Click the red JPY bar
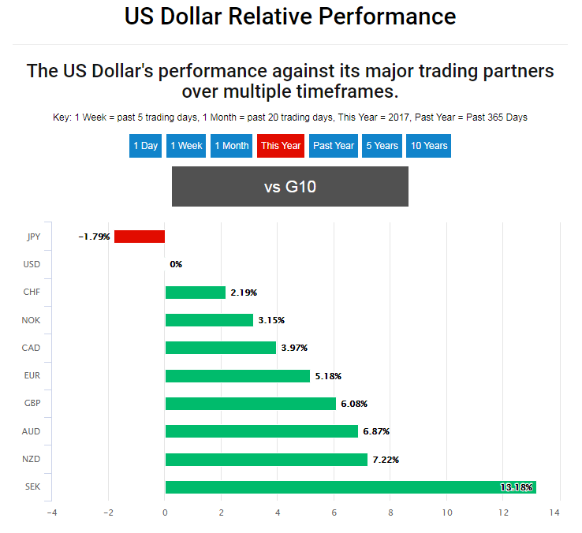140,237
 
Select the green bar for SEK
350,487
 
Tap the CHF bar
195,293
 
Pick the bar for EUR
237,376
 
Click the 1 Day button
145,146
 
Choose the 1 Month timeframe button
231,146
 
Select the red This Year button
280,146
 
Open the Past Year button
334,146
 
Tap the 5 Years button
382,146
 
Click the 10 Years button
429,146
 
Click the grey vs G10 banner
290,187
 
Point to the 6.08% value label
353,404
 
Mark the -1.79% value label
94,237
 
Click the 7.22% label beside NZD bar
386,460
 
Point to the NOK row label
32,320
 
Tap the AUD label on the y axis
32,431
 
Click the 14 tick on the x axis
554,513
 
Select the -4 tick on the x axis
51,513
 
